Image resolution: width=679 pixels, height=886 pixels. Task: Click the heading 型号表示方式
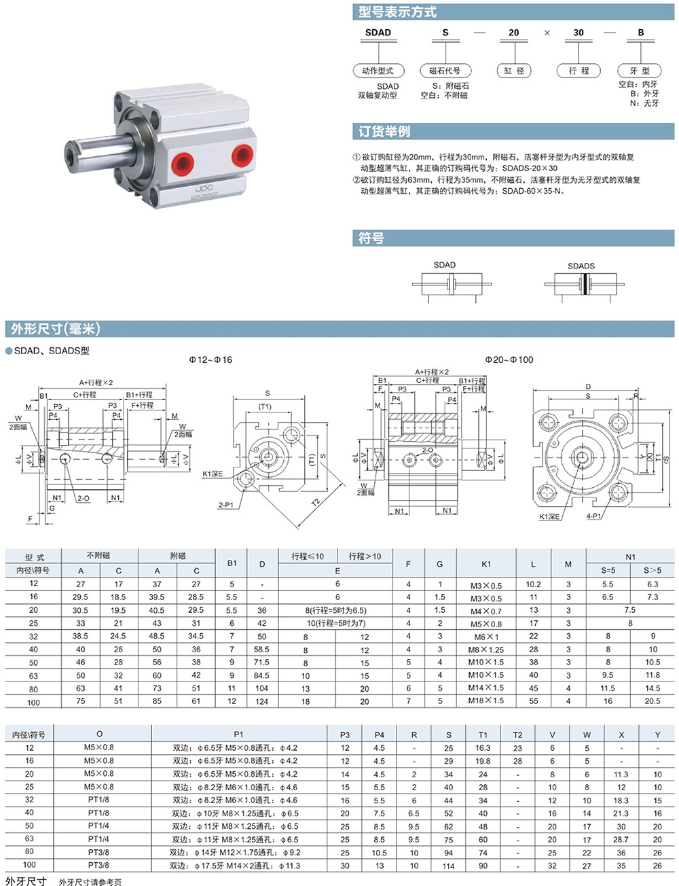point(397,12)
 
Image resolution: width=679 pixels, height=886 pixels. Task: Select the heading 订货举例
point(384,131)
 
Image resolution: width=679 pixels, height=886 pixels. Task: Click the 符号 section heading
point(371,238)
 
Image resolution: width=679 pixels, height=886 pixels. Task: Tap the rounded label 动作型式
point(378,71)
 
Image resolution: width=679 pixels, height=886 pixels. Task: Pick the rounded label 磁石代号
point(445,71)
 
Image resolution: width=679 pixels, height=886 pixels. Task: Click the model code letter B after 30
point(640,32)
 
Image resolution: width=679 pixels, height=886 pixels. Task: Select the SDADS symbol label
point(581,266)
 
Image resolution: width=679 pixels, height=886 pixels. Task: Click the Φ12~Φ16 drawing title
point(210,359)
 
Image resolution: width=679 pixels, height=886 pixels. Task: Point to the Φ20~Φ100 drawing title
point(509,359)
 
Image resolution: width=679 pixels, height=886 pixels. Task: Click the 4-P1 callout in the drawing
point(593,516)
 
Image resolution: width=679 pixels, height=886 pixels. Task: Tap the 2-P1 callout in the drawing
point(225,505)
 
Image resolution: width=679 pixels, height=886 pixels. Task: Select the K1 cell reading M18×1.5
point(486,701)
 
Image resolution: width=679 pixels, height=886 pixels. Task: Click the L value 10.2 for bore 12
point(533,584)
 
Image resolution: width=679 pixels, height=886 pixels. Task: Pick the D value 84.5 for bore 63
point(261,675)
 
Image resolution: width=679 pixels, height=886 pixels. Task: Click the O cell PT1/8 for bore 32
point(98,800)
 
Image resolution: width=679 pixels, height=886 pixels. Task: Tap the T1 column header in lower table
point(483,734)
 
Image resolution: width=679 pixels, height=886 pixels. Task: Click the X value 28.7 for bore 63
point(621,839)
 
